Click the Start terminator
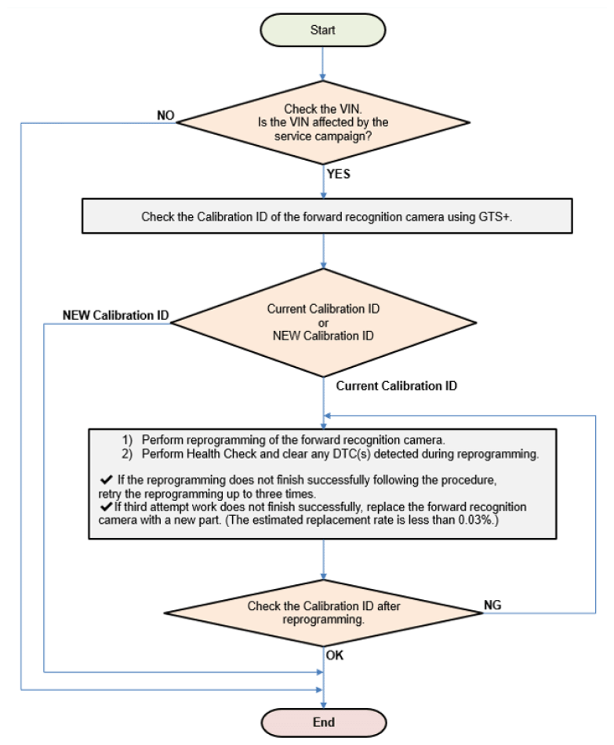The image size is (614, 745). [x=322, y=30]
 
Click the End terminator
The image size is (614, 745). [x=324, y=722]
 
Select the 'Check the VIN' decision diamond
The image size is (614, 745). [x=323, y=122]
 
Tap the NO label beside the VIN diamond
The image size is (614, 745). [x=165, y=115]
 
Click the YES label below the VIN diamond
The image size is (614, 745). [x=338, y=174]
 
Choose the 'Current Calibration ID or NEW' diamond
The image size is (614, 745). [x=323, y=322]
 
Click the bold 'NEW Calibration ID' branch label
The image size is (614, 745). [x=115, y=315]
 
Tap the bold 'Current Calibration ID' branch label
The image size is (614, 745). [x=396, y=386]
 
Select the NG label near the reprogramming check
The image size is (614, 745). [x=492, y=605]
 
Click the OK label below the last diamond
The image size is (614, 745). [x=335, y=655]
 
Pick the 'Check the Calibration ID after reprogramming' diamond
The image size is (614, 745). [x=323, y=613]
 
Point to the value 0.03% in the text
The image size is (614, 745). [x=476, y=520]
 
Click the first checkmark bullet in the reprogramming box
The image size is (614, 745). [x=107, y=479]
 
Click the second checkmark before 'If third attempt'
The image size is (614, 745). [x=107, y=506]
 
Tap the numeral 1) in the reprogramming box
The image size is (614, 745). [x=127, y=439]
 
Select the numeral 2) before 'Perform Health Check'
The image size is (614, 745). [x=127, y=454]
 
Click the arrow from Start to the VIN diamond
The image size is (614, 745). [x=322, y=64]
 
